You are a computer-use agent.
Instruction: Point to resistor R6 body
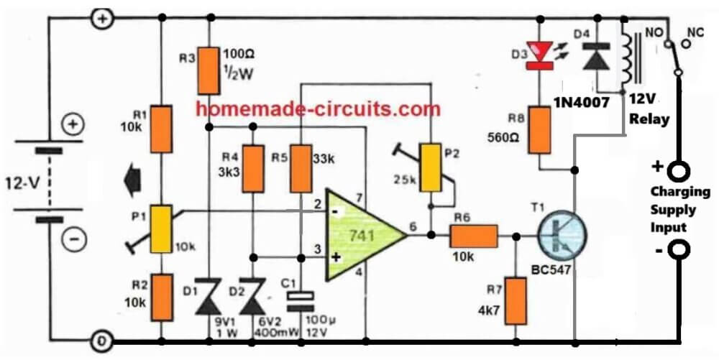click(x=473, y=235)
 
